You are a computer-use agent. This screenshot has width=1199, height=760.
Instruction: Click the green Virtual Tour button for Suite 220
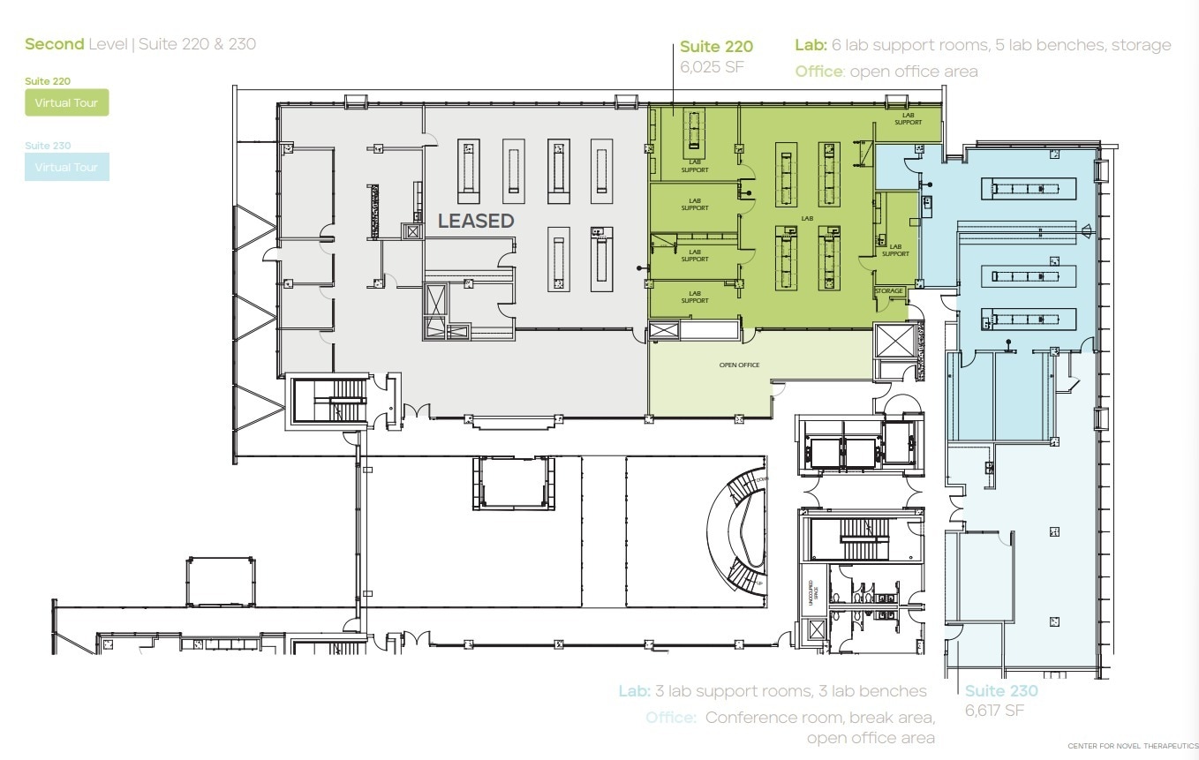click(x=66, y=103)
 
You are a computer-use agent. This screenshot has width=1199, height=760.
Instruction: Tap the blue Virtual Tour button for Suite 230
click(x=66, y=167)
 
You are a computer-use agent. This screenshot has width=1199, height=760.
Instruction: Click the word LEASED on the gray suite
click(x=476, y=221)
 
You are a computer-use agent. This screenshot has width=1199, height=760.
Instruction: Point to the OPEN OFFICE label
click(x=739, y=365)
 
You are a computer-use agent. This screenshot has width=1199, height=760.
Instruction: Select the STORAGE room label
click(x=889, y=291)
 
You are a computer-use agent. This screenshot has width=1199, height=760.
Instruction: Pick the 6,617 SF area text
click(x=994, y=711)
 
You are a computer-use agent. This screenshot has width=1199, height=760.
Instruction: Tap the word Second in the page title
click(x=54, y=43)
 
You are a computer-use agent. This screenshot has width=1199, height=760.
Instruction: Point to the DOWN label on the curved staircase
click(x=762, y=478)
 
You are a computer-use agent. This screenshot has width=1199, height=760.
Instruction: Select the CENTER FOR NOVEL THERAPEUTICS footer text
click(x=1133, y=747)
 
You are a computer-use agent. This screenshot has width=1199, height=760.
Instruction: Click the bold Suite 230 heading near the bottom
click(x=1001, y=691)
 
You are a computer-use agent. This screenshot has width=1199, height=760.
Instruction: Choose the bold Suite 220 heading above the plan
click(x=716, y=47)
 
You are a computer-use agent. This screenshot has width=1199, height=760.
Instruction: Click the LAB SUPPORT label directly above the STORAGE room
click(x=895, y=251)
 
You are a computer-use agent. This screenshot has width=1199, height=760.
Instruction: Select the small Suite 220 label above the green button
click(x=48, y=81)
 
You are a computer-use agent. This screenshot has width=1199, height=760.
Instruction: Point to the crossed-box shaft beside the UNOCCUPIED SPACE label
click(x=816, y=629)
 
